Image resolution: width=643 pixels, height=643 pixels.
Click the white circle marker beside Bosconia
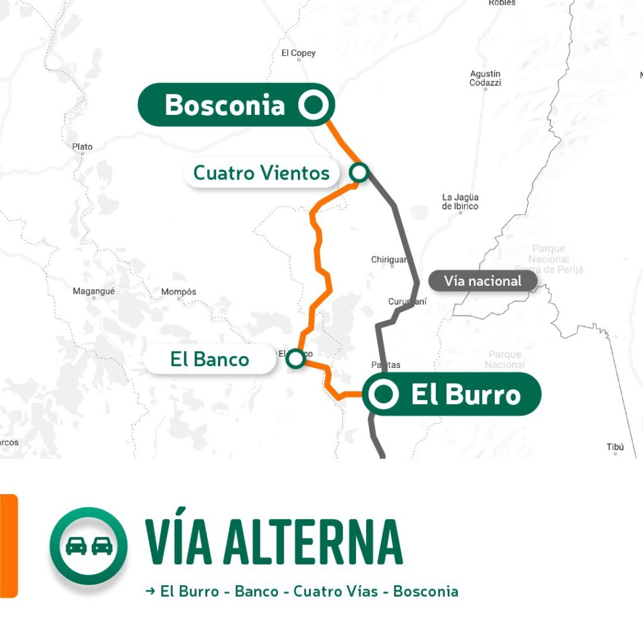314,105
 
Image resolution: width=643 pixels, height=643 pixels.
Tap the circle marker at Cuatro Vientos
359,172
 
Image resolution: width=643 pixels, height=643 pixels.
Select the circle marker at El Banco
295,359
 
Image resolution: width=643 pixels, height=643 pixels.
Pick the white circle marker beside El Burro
384,394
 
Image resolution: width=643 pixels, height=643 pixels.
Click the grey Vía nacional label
482,281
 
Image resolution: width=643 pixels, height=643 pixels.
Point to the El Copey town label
298,53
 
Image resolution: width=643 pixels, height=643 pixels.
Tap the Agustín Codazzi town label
485,78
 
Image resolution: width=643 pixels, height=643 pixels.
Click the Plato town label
82,147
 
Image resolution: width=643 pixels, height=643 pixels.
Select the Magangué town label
93,291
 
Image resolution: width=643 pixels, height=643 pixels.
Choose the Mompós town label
178,292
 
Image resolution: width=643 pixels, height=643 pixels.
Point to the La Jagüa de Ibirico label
460,202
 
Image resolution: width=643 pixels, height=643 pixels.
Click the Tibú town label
615,447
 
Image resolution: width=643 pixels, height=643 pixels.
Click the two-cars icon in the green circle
89,546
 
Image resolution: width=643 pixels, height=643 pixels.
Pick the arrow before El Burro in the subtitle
150,591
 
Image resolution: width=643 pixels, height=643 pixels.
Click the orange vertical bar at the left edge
9,545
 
